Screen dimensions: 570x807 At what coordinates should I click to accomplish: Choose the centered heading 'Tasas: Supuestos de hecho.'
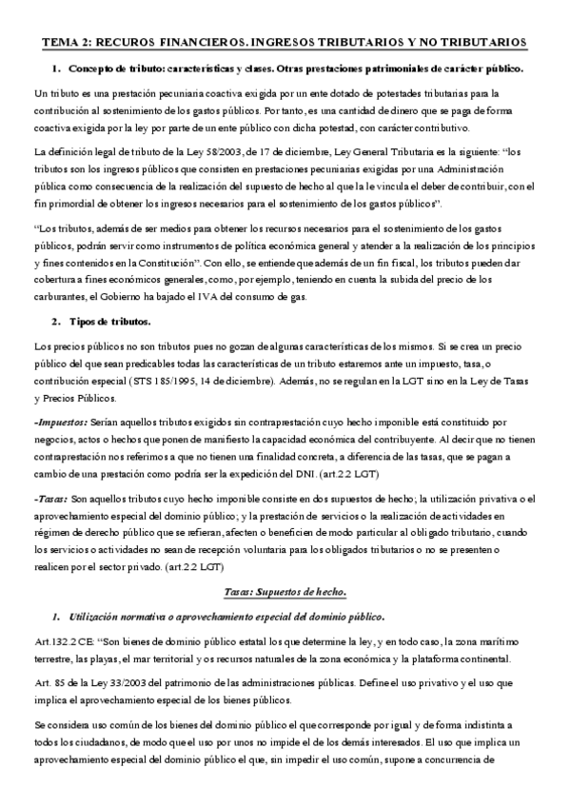pos(285,591)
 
